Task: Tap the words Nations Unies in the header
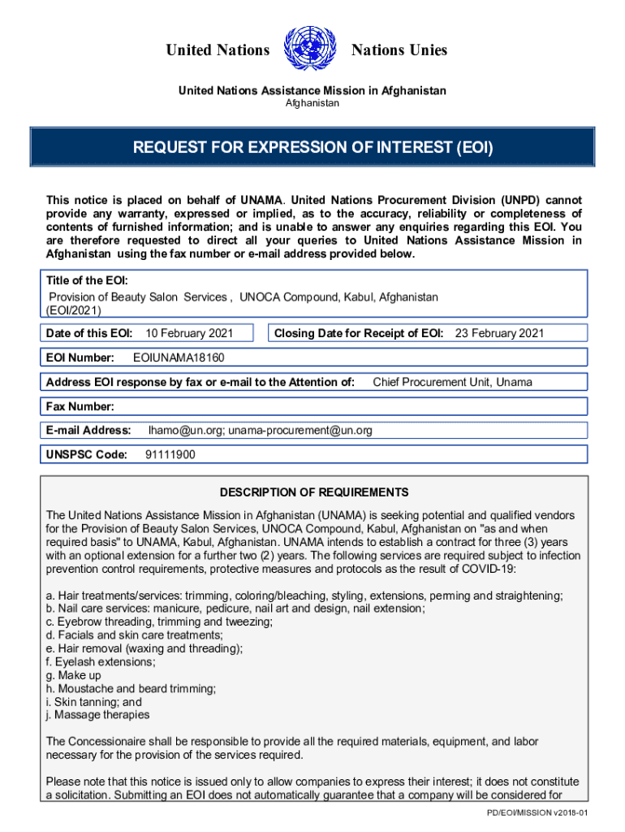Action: (399, 50)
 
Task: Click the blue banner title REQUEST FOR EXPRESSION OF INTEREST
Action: (312, 149)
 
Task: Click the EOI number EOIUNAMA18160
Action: (179, 357)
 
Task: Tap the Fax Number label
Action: (80, 406)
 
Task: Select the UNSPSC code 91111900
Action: (170, 454)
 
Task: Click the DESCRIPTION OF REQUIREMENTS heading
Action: (314, 492)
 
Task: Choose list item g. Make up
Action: (74, 675)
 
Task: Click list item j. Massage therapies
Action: (98, 714)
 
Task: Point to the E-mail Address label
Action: (88, 430)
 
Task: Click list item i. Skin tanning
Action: (94, 701)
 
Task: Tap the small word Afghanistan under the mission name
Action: (312, 103)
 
